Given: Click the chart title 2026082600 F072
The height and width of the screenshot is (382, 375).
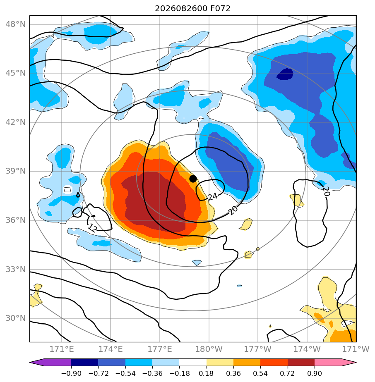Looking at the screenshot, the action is click(192, 9).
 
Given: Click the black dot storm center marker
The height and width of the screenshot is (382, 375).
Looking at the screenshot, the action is click(193, 179).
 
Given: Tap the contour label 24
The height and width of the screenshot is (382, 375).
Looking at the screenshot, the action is click(212, 196).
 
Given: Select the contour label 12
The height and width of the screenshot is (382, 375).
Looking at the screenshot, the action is click(92, 228).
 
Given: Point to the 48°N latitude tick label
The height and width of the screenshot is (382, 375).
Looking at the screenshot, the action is click(15, 24).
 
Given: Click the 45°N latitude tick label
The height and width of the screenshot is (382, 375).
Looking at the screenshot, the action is click(15, 73).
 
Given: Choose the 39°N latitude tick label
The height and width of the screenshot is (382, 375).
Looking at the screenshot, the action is click(15, 171).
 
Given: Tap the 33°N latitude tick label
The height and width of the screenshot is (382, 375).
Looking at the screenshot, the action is click(15, 269).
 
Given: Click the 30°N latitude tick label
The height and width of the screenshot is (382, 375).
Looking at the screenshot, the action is click(15, 318).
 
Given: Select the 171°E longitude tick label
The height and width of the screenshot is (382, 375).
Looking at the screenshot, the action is click(62, 349).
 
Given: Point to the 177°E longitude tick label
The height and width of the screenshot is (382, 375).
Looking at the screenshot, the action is click(160, 349).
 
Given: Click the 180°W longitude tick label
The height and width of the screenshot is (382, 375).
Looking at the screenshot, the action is click(209, 349).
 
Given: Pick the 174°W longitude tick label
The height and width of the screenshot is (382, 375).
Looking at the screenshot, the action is click(307, 349).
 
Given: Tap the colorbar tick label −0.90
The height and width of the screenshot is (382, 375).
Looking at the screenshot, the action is click(71, 373).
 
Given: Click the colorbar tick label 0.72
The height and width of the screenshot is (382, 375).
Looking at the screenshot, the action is click(288, 373).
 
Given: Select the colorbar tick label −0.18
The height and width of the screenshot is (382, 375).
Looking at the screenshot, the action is click(179, 373).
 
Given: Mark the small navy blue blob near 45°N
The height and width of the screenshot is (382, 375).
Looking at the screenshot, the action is click(285, 74).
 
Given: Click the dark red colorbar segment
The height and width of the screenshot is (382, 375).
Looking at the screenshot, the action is click(301, 362).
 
